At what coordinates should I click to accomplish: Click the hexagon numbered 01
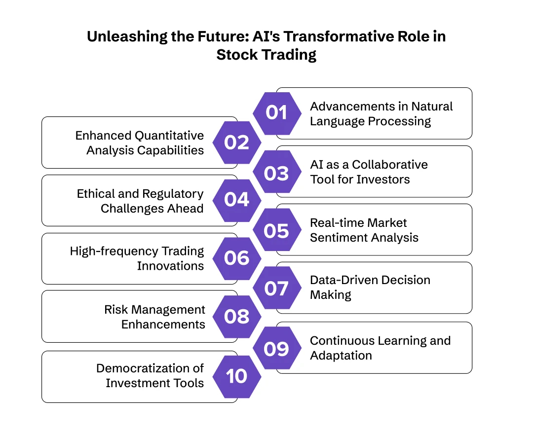[x=277, y=113]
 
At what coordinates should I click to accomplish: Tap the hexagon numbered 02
[x=237, y=143]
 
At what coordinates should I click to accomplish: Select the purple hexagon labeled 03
[x=277, y=173]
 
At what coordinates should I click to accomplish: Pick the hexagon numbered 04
[x=237, y=200]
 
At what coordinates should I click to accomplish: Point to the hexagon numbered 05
[x=277, y=230]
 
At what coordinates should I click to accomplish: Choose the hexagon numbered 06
[x=237, y=258]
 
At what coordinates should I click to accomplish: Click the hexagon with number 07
[x=277, y=288]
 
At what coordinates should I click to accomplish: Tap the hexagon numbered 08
[x=237, y=317]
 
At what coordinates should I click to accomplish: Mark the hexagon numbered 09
[x=277, y=348]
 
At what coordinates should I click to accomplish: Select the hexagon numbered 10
[x=237, y=376]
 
